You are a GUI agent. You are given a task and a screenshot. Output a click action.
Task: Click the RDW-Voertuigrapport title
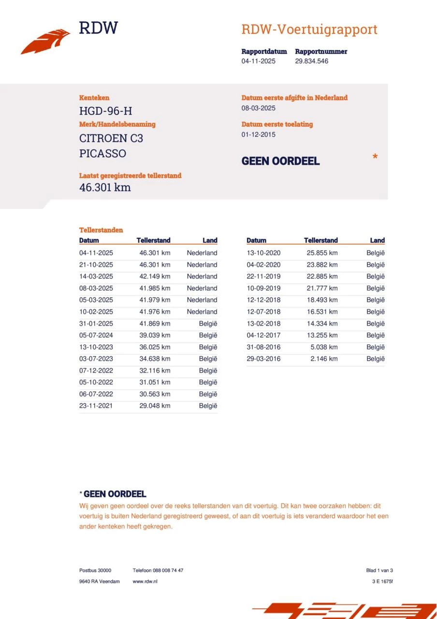pyautogui.click(x=309, y=29)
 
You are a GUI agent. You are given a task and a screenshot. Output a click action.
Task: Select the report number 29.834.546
pyautogui.click(x=312, y=61)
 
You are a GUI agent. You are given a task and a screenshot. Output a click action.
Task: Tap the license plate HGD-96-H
pyautogui.click(x=105, y=111)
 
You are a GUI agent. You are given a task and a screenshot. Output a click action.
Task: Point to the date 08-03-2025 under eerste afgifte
pyautogui.click(x=259, y=108)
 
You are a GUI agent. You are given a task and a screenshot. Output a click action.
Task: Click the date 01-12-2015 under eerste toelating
pyautogui.click(x=259, y=135)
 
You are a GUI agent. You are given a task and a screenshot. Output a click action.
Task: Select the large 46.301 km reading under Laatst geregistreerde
pyautogui.click(x=105, y=188)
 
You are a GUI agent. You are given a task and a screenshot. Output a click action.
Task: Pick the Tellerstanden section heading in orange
pyautogui.click(x=101, y=230)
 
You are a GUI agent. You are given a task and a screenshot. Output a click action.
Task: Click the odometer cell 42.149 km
pyautogui.click(x=155, y=277)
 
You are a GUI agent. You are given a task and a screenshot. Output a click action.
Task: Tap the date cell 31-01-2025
pyautogui.click(x=96, y=324)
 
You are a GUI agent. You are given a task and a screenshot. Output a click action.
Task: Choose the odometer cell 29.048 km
pyautogui.click(x=155, y=406)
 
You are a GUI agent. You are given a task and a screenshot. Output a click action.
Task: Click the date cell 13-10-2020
pyautogui.click(x=263, y=253)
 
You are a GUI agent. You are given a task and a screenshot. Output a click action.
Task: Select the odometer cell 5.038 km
pyautogui.click(x=324, y=347)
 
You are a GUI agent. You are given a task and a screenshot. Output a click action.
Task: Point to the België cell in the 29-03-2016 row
pyautogui.click(x=376, y=359)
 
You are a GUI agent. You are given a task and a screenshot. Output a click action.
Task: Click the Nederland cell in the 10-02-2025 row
pyautogui.click(x=202, y=312)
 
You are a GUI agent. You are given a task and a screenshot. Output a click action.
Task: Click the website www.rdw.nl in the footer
pyautogui.click(x=145, y=581)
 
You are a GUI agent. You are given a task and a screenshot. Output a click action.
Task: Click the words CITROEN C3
pyautogui.click(x=111, y=138)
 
